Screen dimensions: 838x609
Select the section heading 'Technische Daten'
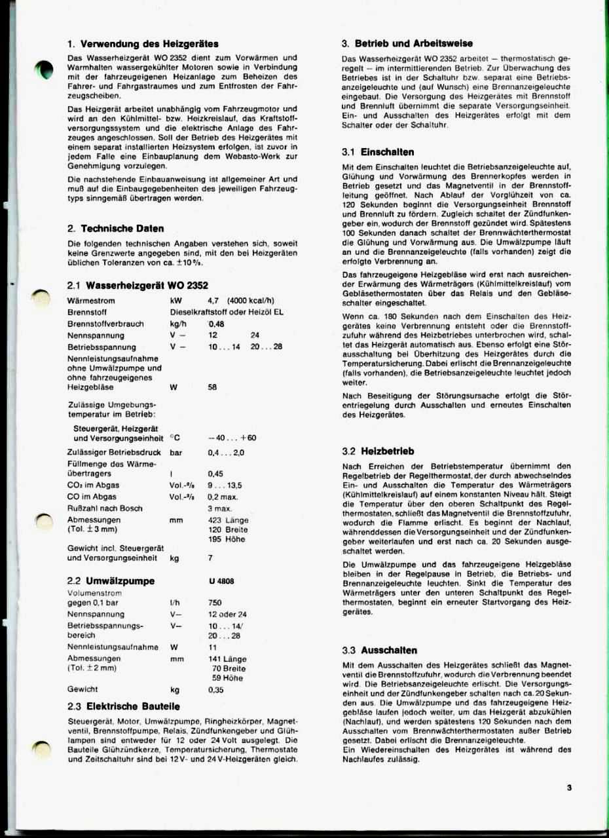coord(122,229)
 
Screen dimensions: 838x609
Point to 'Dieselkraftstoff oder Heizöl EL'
coord(226,313)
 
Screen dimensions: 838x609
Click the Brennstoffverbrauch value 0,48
coord(216,324)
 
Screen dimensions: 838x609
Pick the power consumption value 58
coord(212,387)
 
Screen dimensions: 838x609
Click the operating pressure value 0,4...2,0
coord(225,453)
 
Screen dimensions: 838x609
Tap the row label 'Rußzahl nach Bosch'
coord(105,508)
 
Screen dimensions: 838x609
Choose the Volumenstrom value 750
coord(215,603)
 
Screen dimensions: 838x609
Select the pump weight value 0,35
coord(215,690)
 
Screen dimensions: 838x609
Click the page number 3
coord(570,788)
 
